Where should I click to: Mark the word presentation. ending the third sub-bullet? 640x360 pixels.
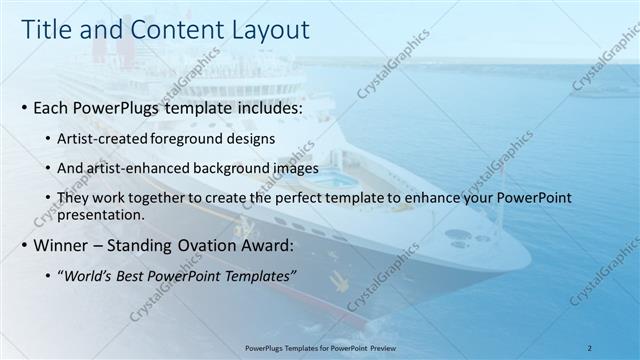pos(102,214)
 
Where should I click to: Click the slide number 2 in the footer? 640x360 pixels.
pos(590,347)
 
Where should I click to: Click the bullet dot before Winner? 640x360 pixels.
pos(23,245)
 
